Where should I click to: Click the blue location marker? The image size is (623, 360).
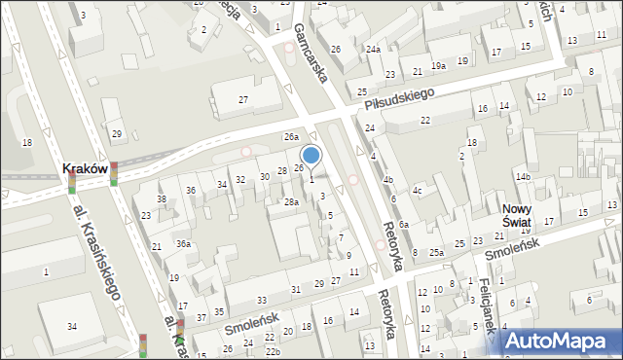(x=311, y=155)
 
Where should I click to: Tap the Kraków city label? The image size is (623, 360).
(x=84, y=168)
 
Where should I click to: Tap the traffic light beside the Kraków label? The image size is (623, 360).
(x=113, y=173)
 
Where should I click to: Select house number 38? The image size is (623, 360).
(x=162, y=199)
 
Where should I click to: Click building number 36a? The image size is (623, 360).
(x=183, y=244)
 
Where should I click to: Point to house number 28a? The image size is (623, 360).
(x=290, y=202)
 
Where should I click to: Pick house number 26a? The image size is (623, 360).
(x=290, y=138)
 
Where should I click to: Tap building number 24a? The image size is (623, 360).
(x=373, y=49)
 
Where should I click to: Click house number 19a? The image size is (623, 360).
(x=439, y=66)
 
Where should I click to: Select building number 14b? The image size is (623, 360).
(x=523, y=177)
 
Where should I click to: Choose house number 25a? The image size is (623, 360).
(x=438, y=253)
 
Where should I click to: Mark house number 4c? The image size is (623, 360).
(x=417, y=191)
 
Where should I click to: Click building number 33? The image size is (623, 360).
(x=261, y=300)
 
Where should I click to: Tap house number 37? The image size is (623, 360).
(x=201, y=318)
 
